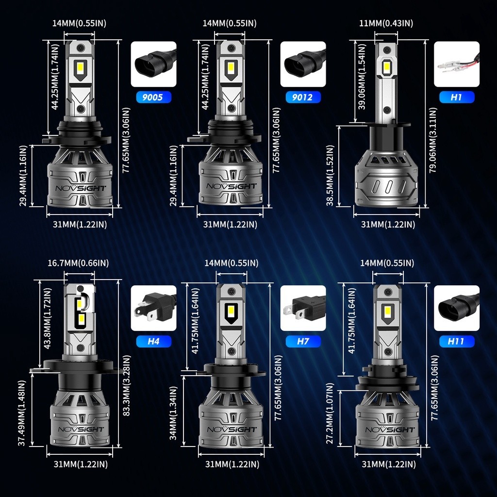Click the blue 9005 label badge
tap(153, 97)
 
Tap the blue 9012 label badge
tap(303, 97)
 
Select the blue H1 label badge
tap(456, 97)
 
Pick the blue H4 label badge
tap(153, 341)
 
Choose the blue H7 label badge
tap(303, 341)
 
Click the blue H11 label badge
tap(456, 341)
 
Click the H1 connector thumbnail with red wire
tap(456, 64)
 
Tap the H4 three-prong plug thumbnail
tap(153, 308)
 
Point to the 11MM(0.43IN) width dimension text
tap(386, 23)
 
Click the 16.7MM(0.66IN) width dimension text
tap(78, 263)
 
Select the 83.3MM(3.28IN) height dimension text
tap(127, 385)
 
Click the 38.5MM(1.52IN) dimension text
tap(330, 175)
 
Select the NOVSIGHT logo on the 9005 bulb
tap(80, 188)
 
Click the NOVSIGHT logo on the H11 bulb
tap(387, 430)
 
